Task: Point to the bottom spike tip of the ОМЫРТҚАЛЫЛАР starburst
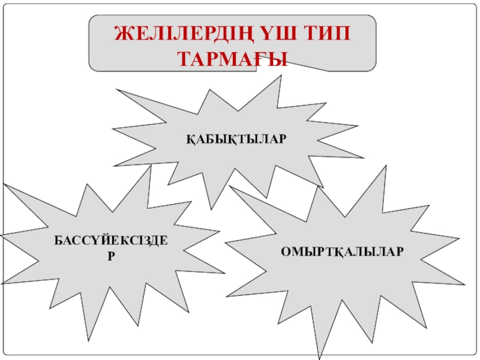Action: pos(320,358)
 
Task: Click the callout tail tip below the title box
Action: pos(329,71)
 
